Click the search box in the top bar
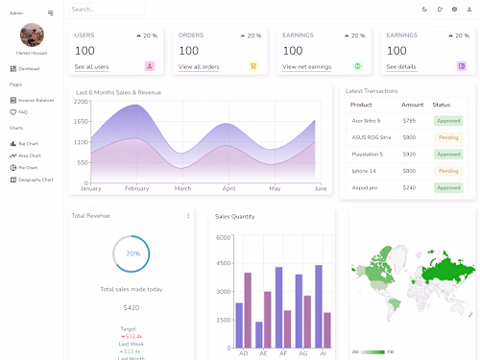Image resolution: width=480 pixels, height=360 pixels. [x=106, y=10]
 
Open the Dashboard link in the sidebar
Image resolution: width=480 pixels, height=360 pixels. [x=29, y=69]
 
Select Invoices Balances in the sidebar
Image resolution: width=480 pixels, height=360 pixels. [x=36, y=100]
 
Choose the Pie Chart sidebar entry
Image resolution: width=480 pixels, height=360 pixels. [x=29, y=167]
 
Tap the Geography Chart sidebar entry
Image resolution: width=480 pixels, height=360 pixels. [x=36, y=180]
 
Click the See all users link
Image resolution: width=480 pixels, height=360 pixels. [x=91, y=67]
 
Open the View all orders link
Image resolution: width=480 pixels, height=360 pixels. [x=199, y=67]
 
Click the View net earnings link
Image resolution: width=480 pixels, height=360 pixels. [x=307, y=67]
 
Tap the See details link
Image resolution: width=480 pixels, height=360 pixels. [x=401, y=67]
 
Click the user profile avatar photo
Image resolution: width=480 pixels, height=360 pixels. [x=32, y=36]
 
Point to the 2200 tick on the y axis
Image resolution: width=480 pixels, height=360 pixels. [x=81, y=102]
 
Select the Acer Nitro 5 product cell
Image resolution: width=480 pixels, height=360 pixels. [x=366, y=121]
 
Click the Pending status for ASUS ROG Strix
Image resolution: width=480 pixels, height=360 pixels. [x=448, y=137]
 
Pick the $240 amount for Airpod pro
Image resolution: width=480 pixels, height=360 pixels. [x=410, y=187]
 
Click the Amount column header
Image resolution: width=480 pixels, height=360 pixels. [x=412, y=105]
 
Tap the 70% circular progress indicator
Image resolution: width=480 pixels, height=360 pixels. [x=132, y=253]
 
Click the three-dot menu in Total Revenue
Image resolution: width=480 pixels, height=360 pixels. [x=188, y=216]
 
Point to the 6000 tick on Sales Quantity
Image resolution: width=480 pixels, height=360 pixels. [x=223, y=237]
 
